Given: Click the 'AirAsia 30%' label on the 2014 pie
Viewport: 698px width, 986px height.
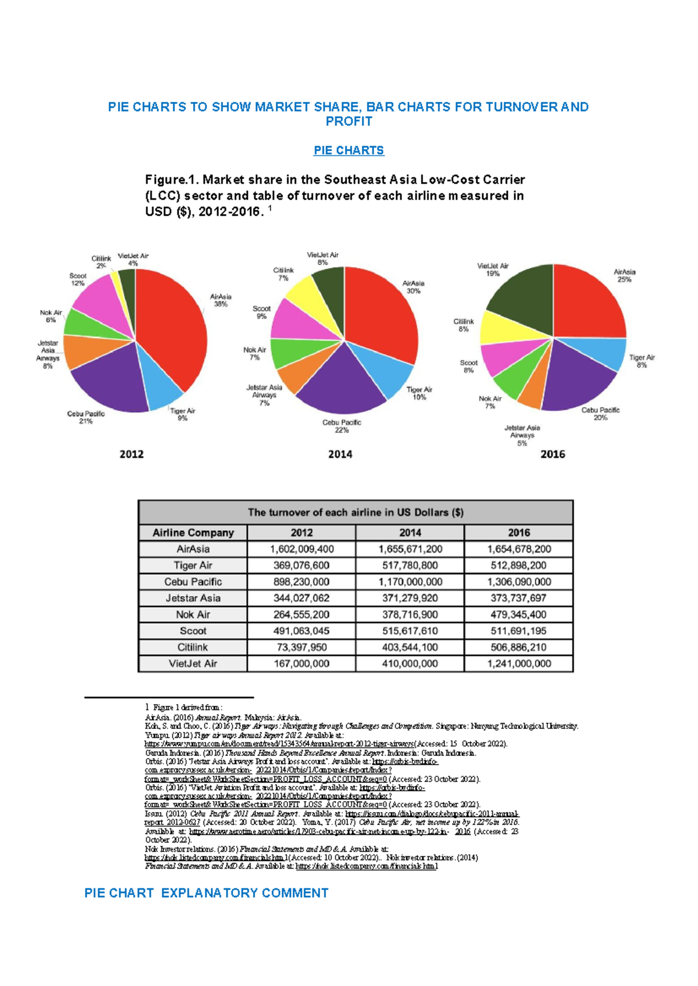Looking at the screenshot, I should [413, 287].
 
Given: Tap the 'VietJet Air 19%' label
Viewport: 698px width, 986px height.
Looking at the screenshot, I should [493, 270].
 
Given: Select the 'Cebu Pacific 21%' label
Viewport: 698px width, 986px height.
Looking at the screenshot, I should [86, 417].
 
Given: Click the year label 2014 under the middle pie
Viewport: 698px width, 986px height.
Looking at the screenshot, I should [340, 454].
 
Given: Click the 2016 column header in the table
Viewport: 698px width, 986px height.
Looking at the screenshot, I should [518, 533].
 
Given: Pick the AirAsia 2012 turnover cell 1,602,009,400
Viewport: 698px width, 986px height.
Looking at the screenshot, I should [301, 549].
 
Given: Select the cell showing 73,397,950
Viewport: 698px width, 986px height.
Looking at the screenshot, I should [301, 647].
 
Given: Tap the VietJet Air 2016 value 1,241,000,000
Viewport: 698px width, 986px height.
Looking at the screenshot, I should [518, 663].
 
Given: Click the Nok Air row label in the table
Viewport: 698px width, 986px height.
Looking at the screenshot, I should [193, 615].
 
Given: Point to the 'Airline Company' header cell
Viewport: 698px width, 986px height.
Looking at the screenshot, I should [193, 533].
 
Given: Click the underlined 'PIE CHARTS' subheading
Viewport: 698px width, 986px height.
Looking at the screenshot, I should [348, 151].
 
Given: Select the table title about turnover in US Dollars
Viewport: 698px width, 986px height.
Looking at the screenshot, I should [355, 513].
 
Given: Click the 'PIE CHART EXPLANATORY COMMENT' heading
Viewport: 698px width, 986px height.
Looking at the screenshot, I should [206, 893].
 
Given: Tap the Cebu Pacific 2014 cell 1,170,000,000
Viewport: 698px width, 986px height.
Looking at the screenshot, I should [410, 581].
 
